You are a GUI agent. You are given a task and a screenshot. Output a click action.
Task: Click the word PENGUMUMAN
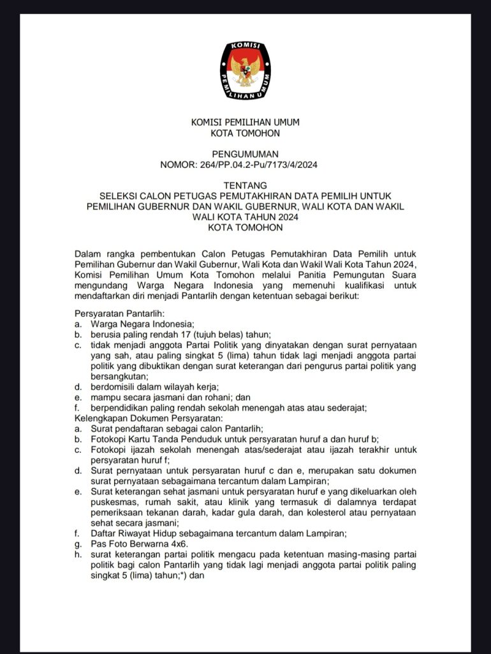click(x=245, y=154)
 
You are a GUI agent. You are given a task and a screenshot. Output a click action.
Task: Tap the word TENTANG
click(x=245, y=185)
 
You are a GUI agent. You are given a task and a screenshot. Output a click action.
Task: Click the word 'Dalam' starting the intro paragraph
click(x=88, y=254)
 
